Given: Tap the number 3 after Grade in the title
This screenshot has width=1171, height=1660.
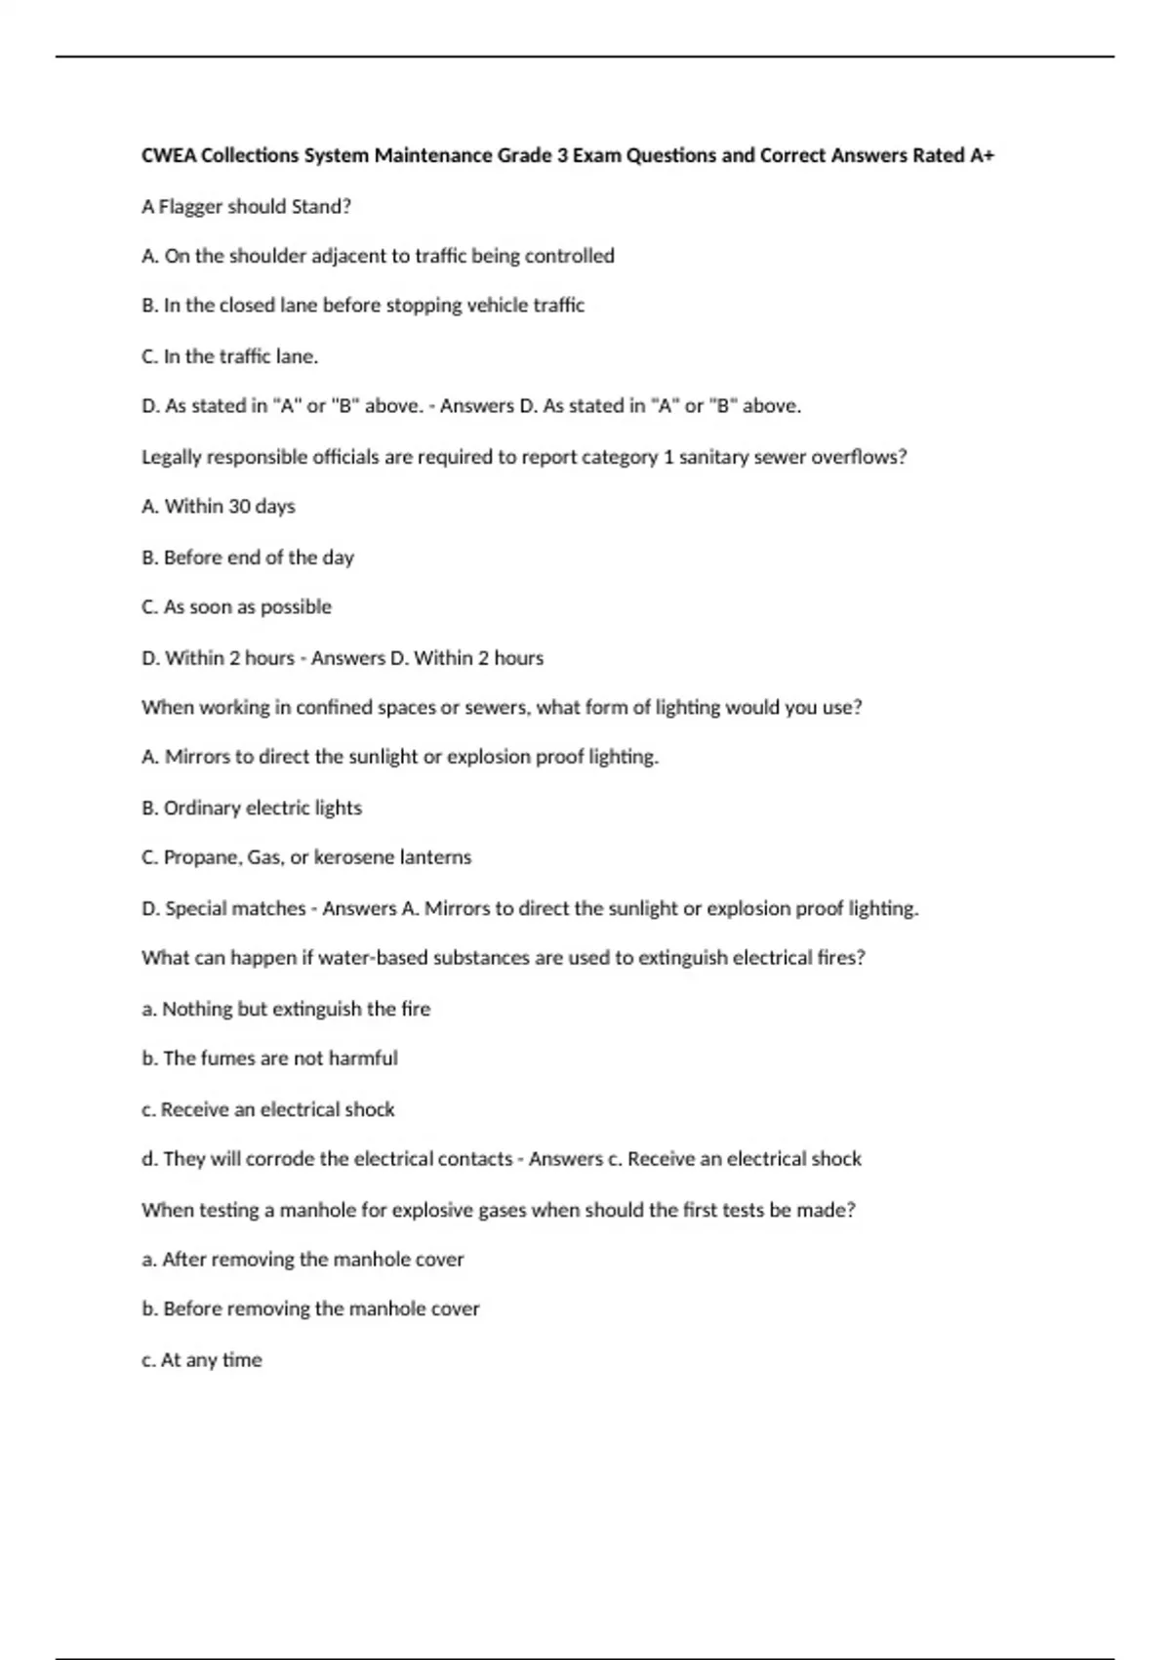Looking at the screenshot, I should pyautogui.click(x=562, y=155).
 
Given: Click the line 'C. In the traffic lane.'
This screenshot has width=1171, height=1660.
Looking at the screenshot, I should pyautogui.click(x=229, y=356).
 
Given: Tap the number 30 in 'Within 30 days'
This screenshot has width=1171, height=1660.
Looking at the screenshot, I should pyautogui.click(x=239, y=507).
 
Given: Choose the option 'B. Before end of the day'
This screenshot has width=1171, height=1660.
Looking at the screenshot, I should pyautogui.click(x=247, y=558).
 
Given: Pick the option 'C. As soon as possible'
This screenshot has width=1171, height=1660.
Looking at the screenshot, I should pyautogui.click(x=236, y=607).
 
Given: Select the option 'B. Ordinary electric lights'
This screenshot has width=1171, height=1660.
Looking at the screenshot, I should pyautogui.click(x=252, y=808).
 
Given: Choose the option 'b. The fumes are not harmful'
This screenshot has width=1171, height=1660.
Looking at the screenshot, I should pyautogui.click(x=269, y=1058).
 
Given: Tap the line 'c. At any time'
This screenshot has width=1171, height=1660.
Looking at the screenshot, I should pyautogui.click(x=202, y=1359).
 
